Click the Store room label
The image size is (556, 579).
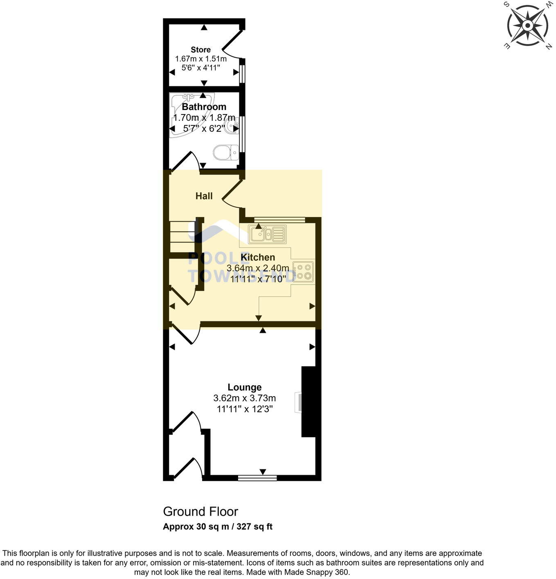(x=200, y=50)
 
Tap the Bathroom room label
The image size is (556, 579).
(x=204, y=107)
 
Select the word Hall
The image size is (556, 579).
(x=204, y=196)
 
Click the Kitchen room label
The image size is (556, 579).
(x=258, y=257)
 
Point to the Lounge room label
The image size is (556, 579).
(x=244, y=387)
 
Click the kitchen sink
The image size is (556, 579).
(x=267, y=234)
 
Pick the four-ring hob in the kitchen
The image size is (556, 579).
(x=303, y=272)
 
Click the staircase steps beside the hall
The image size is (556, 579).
(x=182, y=236)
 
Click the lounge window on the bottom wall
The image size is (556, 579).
(x=257, y=477)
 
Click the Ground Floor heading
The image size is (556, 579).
(x=200, y=512)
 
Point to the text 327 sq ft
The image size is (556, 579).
(x=254, y=527)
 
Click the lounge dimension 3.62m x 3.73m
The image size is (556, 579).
(x=244, y=398)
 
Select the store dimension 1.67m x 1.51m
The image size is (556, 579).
(x=200, y=59)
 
